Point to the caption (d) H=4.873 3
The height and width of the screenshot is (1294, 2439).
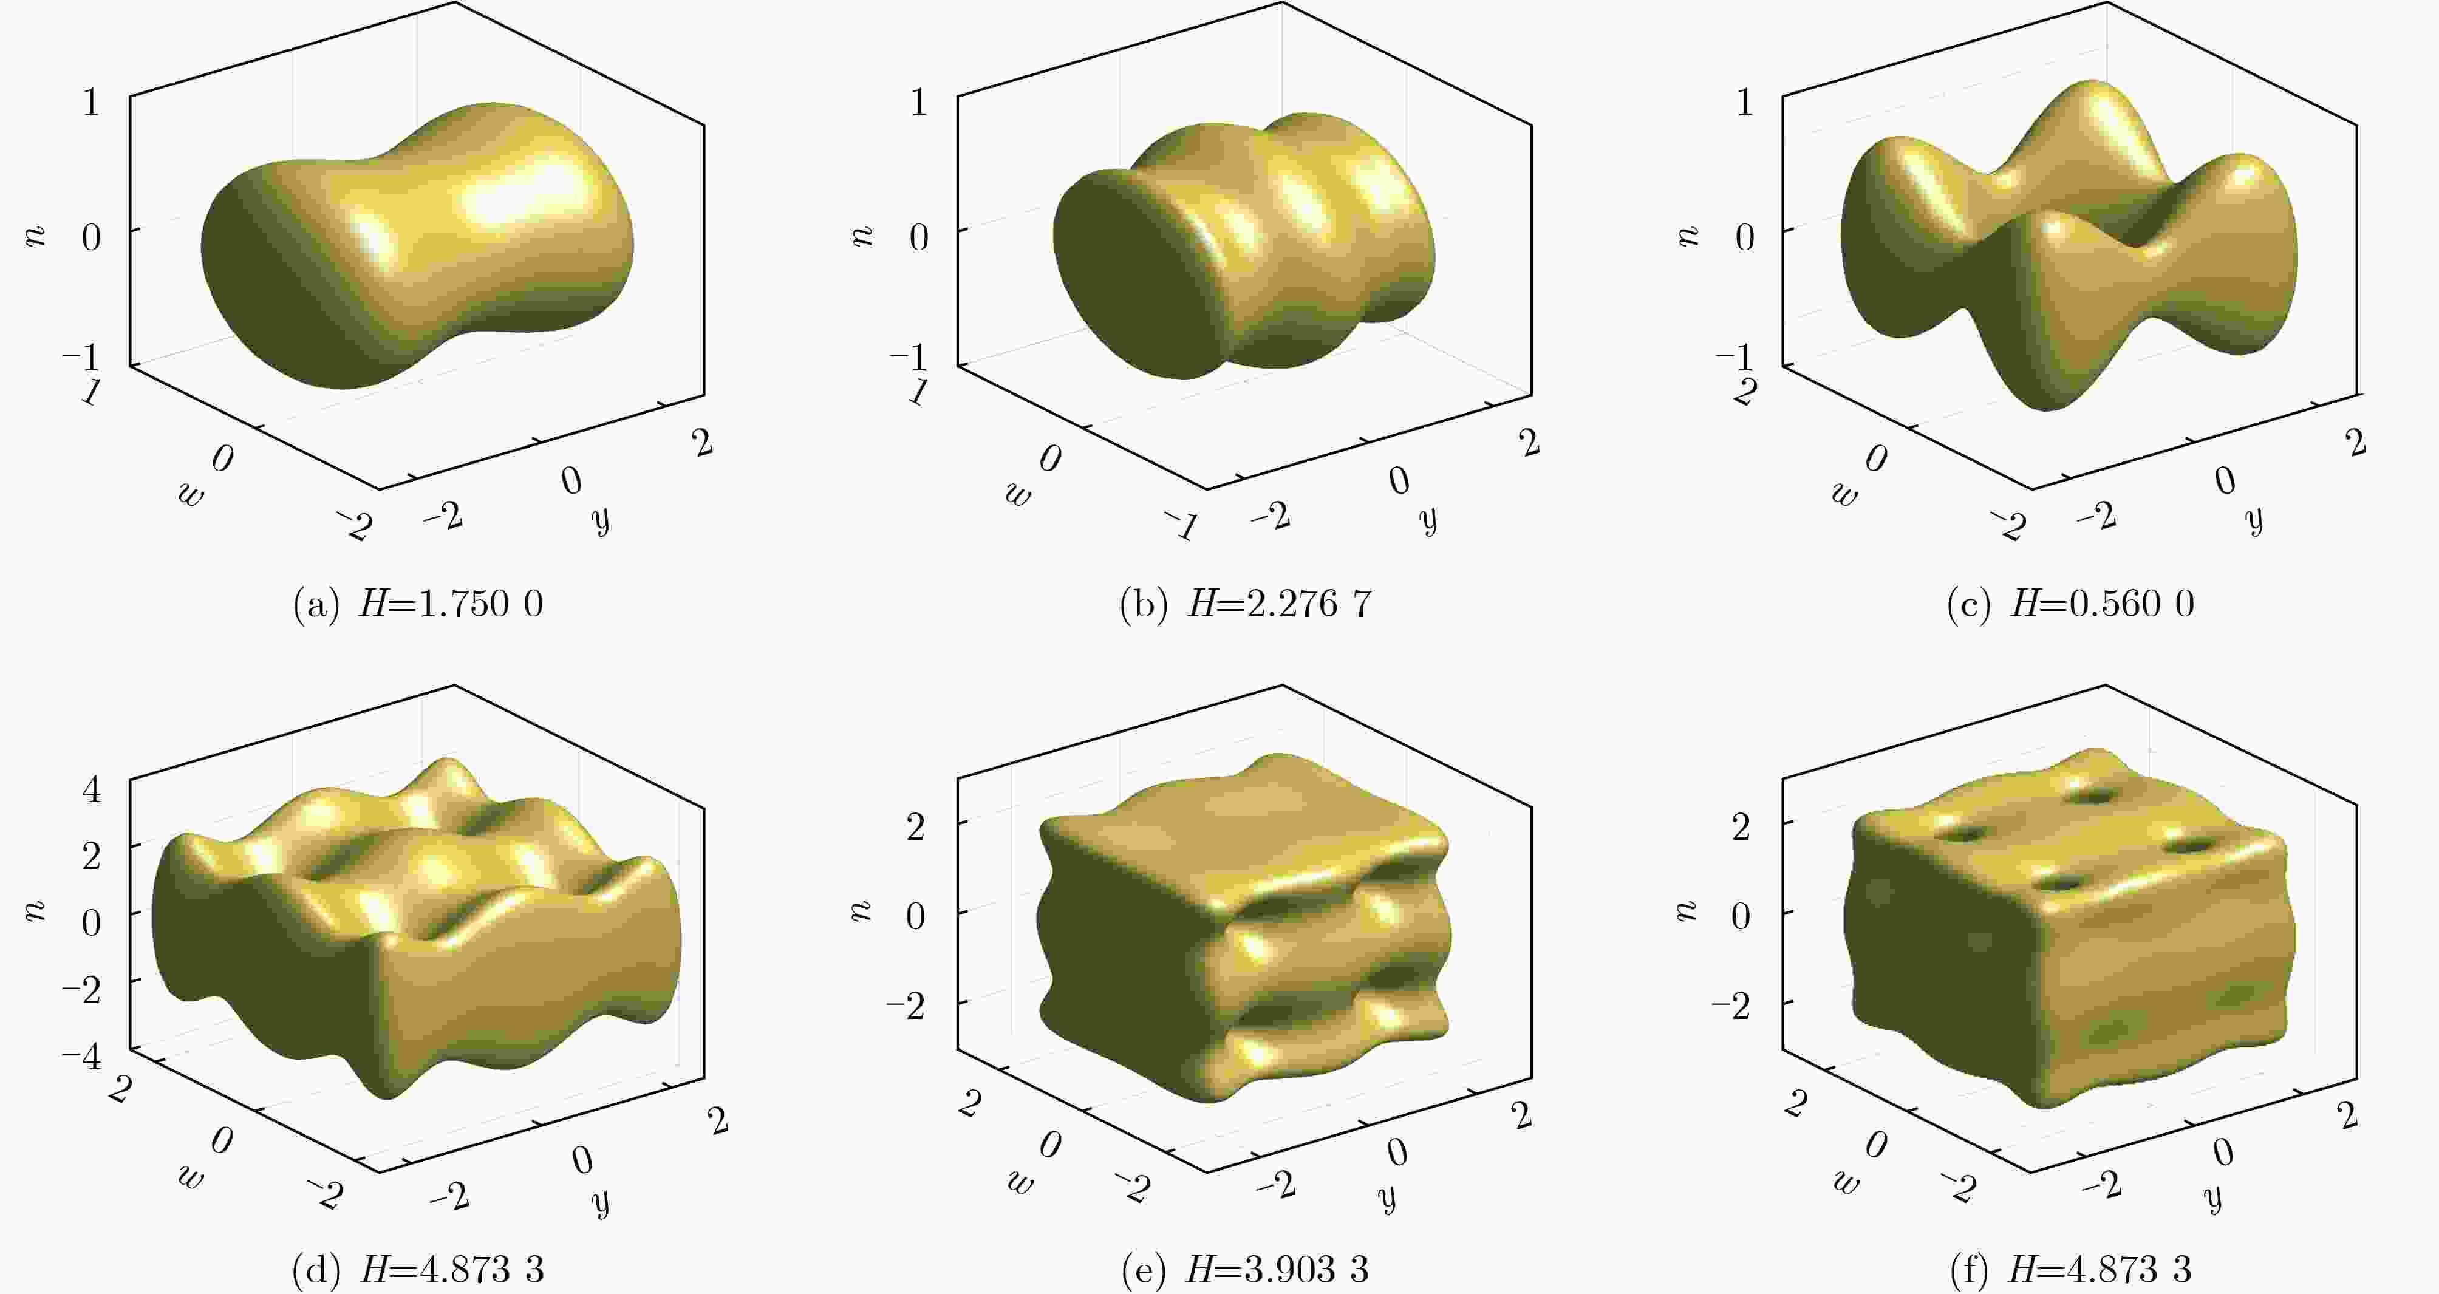click(x=418, y=1269)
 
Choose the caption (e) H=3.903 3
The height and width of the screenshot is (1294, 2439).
click(x=1245, y=1269)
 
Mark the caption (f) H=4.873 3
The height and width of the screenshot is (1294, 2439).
click(x=2071, y=1269)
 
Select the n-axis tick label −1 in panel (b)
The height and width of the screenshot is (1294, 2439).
click(x=909, y=358)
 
